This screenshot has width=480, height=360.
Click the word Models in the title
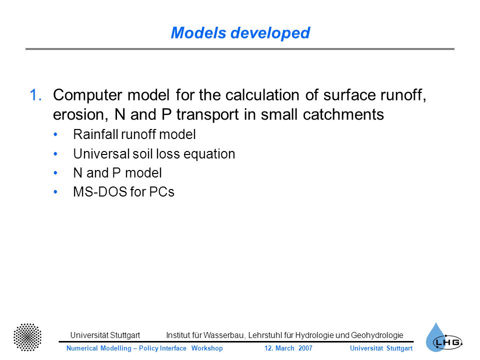[198, 33]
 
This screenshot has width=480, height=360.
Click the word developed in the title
[270, 33]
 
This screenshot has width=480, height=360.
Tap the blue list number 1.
[35, 95]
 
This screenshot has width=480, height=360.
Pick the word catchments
[343, 115]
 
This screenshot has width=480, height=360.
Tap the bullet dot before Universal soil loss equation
[55, 153]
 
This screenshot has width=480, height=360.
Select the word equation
[209, 154]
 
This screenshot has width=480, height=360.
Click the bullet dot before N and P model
[55, 173]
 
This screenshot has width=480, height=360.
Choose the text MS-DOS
[100, 192]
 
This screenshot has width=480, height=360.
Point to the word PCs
[161, 192]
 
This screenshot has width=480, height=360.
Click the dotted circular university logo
[27, 337]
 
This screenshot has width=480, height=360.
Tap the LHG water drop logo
[444, 337]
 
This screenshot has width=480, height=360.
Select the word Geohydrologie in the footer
[377, 335]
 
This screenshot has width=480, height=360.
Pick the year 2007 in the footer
[305, 348]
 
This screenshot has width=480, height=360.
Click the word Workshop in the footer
[207, 348]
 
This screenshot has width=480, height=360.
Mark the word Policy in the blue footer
[149, 348]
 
